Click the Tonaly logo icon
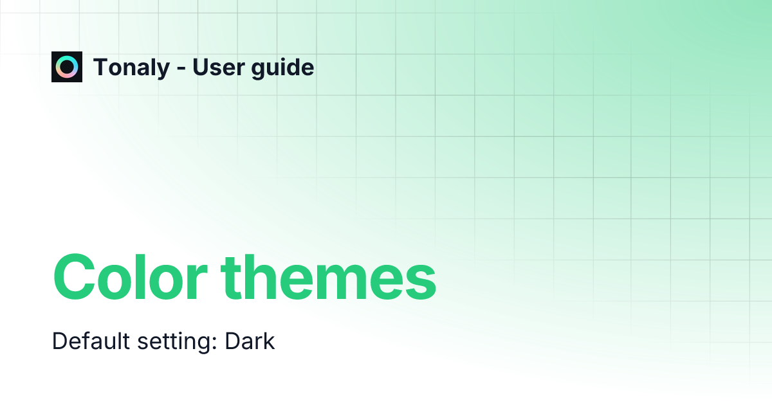(67, 67)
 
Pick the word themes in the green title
(329, 277)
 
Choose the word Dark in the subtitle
(250, 341)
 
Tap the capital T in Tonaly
(101, 67)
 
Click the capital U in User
(200, 67)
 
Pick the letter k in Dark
(269, 341)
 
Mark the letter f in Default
(84, 341)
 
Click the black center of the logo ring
(67, 67)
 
